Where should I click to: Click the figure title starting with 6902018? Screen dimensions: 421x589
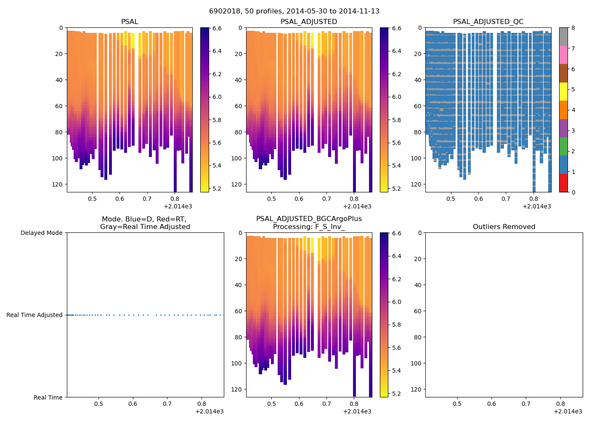(294, 11)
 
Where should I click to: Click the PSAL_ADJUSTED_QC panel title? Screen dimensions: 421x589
(488, 22)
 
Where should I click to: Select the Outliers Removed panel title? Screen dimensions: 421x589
(504, 227)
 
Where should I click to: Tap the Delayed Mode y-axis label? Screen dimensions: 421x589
(41, 233)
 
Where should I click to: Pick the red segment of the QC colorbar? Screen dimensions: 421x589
(563, 183)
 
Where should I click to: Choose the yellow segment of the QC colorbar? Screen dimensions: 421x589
(563, 91)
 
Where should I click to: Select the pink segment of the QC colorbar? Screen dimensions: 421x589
(563, 55)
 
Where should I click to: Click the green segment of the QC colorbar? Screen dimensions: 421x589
(563, 147)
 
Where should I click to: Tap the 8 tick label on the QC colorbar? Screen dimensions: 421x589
(574, 28)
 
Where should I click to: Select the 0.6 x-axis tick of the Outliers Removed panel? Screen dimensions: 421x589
(491, 404)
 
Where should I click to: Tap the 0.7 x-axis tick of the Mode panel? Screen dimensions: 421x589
(167, 404)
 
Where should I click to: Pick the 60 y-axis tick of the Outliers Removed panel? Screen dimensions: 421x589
(419, 311)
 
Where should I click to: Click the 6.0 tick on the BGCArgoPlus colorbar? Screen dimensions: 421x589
(396, 302)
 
